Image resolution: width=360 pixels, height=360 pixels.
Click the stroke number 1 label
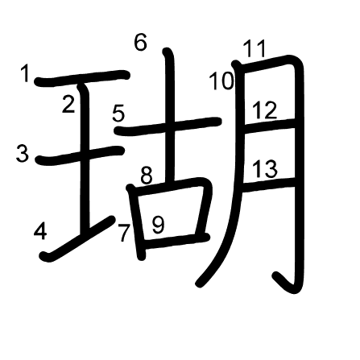pos(25,74)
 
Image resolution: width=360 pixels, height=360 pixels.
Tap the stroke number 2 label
pos(68,104)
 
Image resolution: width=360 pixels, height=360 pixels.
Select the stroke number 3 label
pos(22,153)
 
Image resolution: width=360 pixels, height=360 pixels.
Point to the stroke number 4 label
pos(40,231)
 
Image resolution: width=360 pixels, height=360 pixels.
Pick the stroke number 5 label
pos(118,113)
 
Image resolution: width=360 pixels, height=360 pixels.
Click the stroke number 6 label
pos(141,42)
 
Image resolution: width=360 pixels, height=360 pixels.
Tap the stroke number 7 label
pos(124,233)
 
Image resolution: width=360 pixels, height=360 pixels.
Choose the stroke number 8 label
pos(147,176)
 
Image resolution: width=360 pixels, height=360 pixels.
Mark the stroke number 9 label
pos(158,226)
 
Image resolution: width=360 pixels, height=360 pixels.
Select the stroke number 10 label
pos(221,81)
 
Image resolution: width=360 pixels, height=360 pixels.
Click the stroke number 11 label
pos(254,49)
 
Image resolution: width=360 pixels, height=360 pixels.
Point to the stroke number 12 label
pos(264,110)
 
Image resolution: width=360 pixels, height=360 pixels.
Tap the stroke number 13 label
pos(264,168)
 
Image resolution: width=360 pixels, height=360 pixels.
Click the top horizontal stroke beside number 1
pos(82,78)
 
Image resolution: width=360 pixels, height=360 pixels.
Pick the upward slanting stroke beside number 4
pos(77,238)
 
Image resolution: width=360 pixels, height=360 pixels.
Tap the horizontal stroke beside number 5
pos(168,126)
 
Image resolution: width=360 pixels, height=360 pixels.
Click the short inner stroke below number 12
pos(269,126)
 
